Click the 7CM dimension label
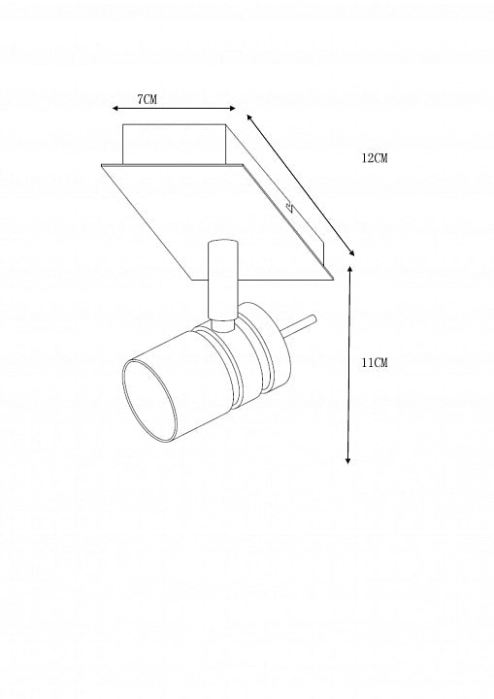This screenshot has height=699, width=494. pos(148,99)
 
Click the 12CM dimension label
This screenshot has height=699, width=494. pos(375,158)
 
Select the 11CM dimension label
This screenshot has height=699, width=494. pos(375,363)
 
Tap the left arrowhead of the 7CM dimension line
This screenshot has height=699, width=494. pos(115,109)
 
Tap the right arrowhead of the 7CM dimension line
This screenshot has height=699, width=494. pos(232,108)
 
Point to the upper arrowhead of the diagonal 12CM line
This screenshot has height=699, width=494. pos(249,117)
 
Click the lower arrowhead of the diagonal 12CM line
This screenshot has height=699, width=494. pos(351,252)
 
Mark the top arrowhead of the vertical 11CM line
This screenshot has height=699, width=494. pos(350,269)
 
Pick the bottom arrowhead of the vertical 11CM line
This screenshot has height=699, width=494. pos(348,460)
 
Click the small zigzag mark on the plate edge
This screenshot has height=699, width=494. pos(289,207)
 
